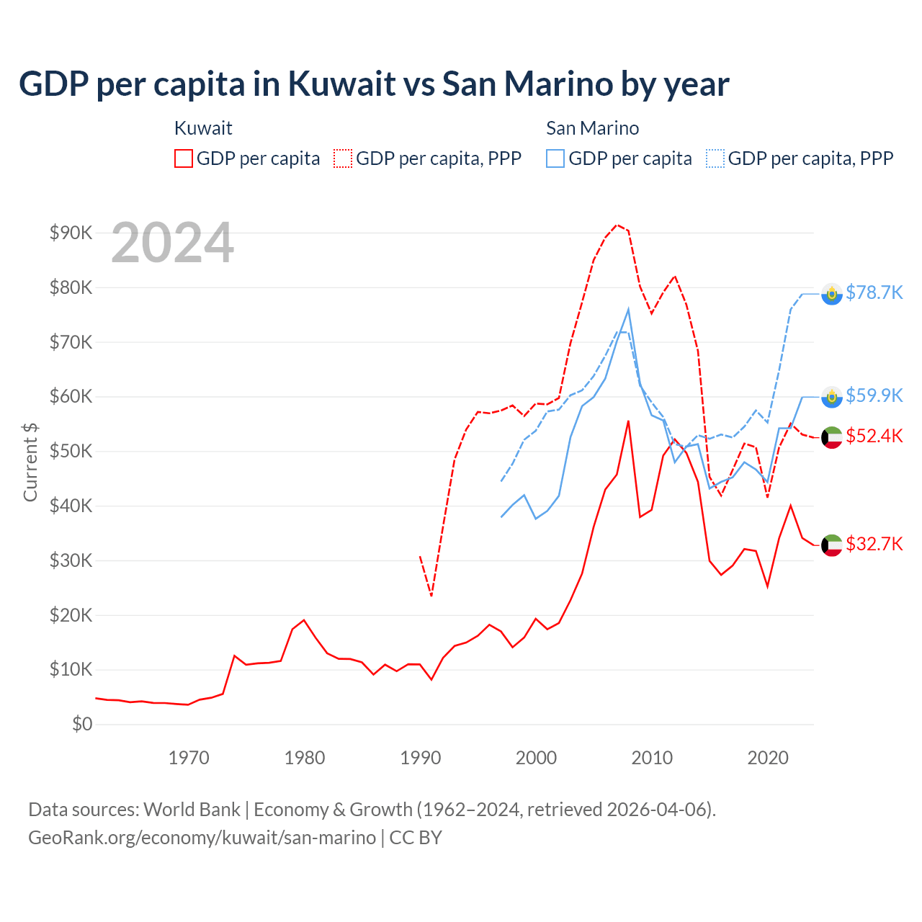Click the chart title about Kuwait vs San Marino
374,84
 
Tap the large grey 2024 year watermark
173,243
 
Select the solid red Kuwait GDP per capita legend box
184,158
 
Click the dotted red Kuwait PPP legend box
343,158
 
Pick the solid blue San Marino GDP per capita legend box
555,158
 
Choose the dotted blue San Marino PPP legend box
715,158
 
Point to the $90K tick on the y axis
71,233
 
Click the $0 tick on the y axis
82,724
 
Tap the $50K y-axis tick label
71,451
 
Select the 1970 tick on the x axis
189,758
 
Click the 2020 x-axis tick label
768,758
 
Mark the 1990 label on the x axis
421,758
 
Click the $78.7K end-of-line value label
874,292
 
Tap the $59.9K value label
874,395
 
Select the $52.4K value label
874,436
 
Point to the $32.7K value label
874,544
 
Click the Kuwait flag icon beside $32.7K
832,545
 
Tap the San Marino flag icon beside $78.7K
832,294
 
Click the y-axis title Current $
30,462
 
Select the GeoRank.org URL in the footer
202,838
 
